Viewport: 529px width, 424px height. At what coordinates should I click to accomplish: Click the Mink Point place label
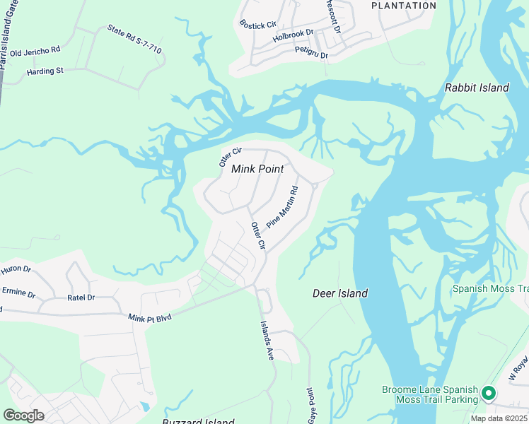click(257, 169)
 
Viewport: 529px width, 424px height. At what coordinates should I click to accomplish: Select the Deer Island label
click(340, 293)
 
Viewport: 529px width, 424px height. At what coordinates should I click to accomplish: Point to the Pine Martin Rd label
click(283, 206)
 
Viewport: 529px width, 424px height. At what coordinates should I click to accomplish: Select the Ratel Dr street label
click(81, 298)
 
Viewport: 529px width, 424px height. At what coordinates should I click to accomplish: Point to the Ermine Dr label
click(19, 292)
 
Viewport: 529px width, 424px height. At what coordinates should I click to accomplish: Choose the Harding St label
click(45, 71)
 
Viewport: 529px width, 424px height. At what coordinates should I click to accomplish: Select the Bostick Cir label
click(257, 25)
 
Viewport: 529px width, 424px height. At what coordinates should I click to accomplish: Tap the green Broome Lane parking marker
click(487, 393)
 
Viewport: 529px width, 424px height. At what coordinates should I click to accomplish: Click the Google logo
click(23, 416)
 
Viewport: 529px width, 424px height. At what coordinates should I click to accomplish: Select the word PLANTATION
click(404, 6)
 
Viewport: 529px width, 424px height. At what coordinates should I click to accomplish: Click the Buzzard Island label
click(198, 421)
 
